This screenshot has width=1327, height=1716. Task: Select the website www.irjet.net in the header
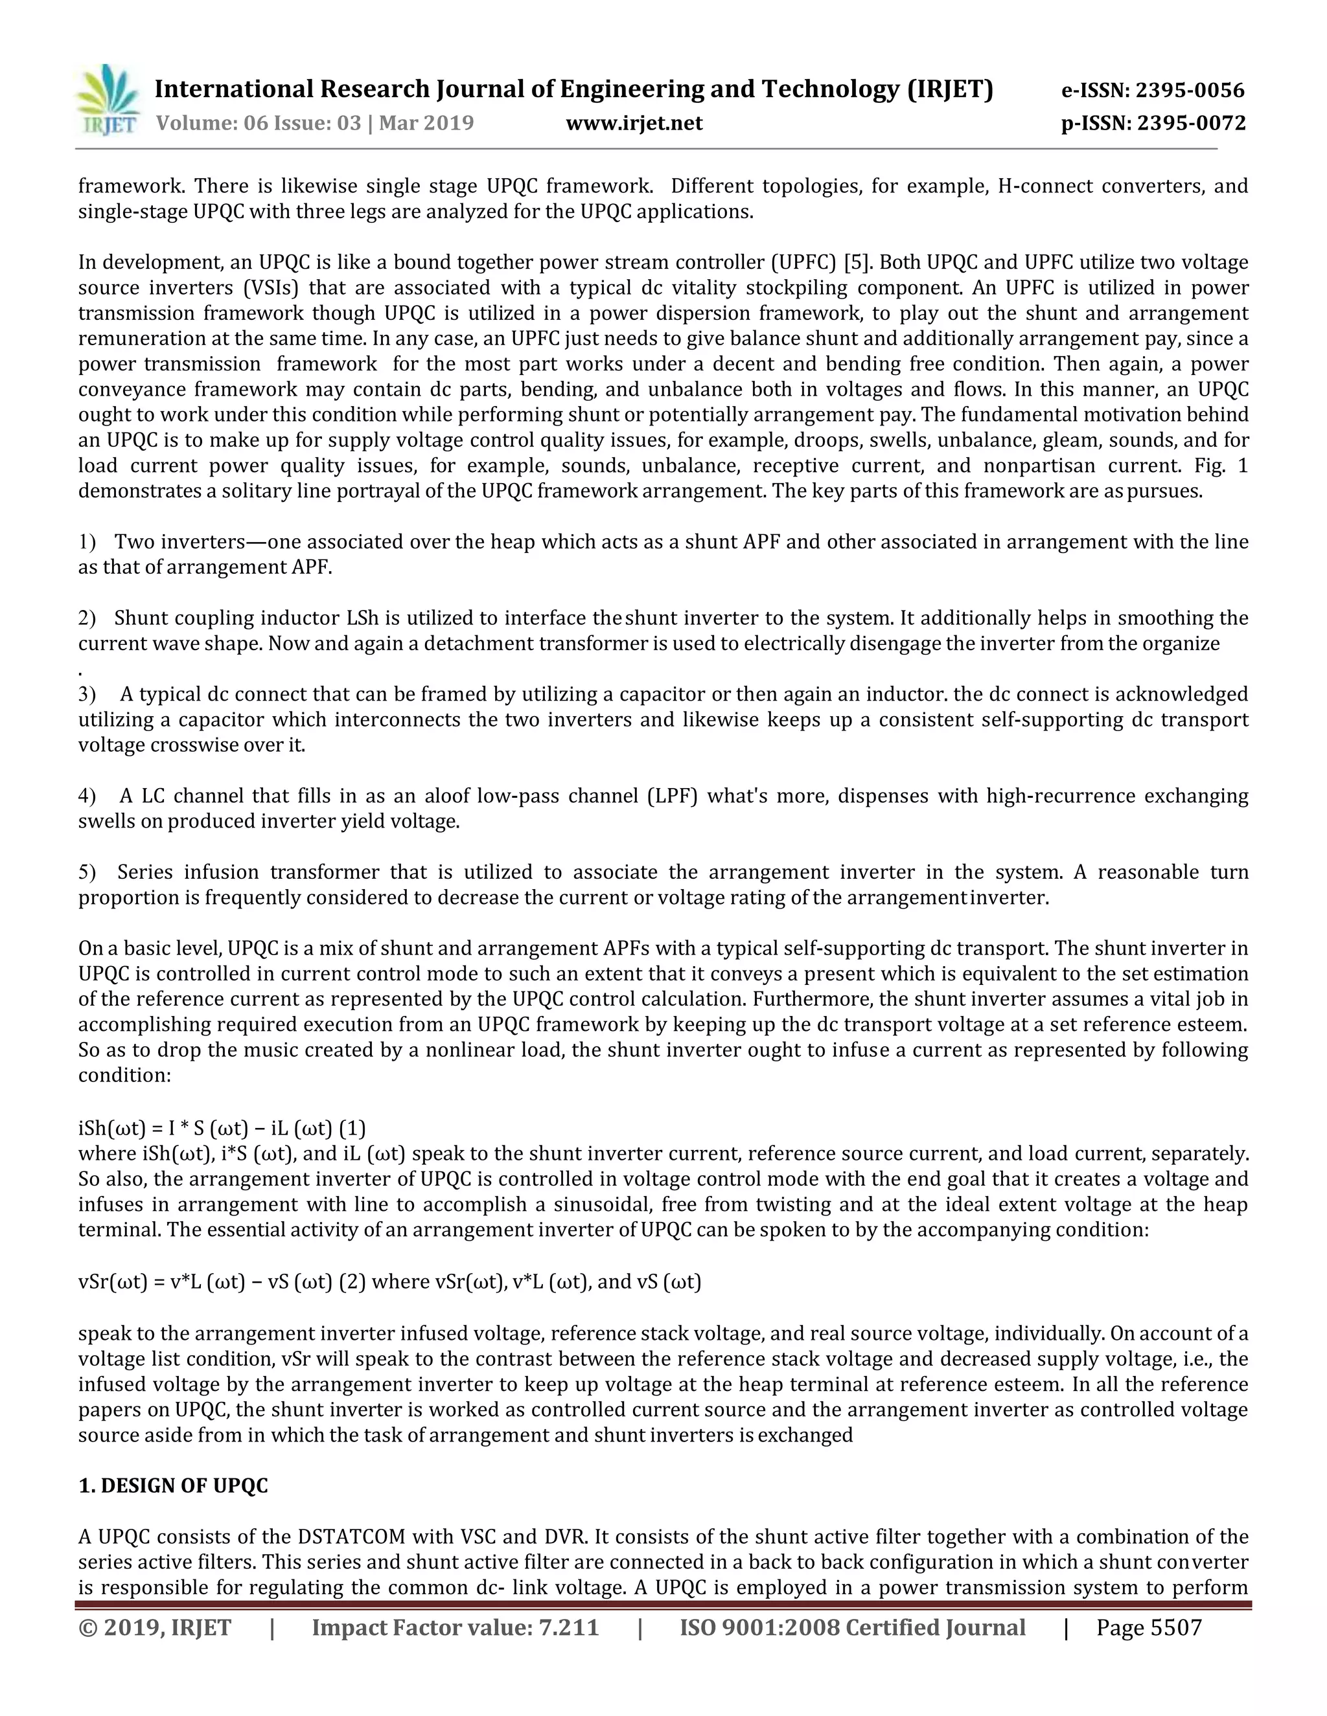(634, 123)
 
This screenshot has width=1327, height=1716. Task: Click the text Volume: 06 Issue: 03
(259, 123)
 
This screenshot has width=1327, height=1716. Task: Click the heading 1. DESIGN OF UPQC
(173, 1485)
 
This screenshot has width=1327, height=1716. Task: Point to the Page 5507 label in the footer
(1149, 1627)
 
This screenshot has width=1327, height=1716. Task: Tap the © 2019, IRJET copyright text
(155, 1627)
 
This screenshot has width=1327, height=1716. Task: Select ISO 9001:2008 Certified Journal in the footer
(852, 1627)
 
